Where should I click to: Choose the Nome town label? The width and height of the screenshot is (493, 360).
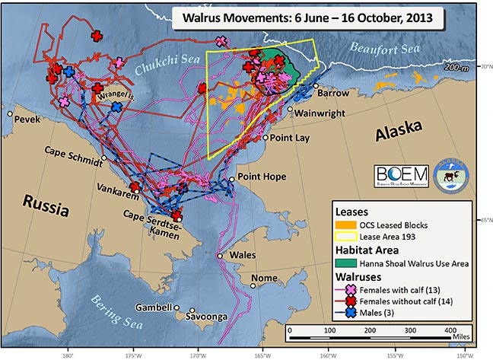tap(264, 278)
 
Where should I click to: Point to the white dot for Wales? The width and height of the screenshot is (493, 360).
tap(219, 256)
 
